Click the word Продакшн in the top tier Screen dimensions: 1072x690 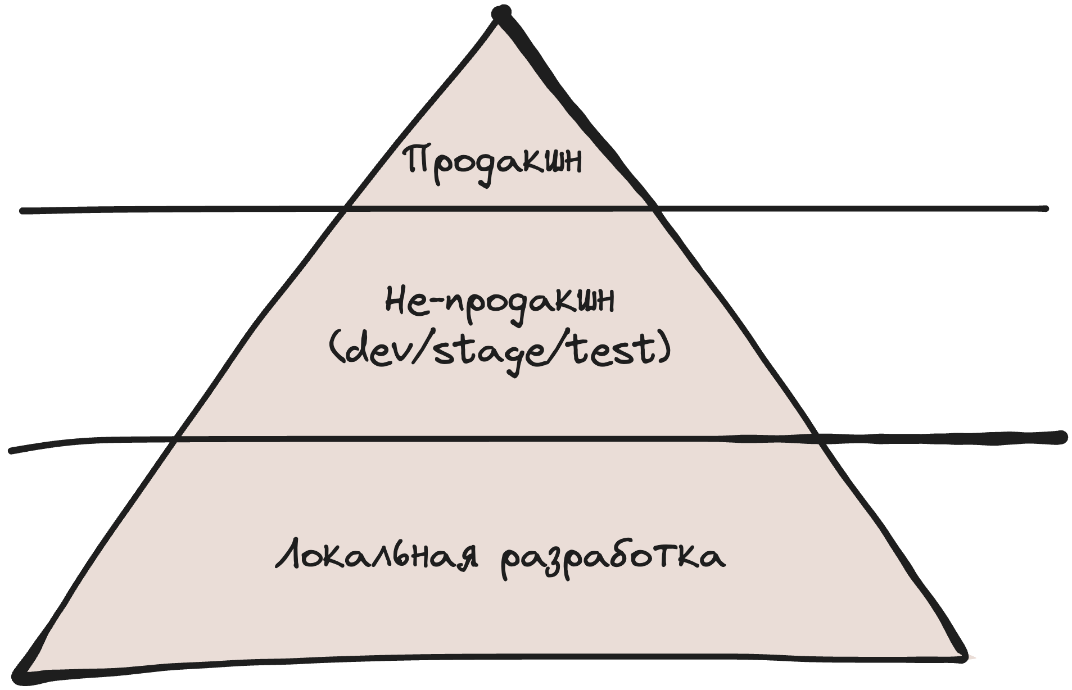pyautogui.click(x=494, y=162)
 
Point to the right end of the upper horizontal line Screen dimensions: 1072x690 pyautogui.click(x=1046, y=208)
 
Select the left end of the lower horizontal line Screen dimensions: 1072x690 pyautogui.click(x=11, y=450)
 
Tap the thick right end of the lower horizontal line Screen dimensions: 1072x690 pyautogui.click(x=1061, y=437)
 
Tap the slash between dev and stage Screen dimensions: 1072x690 pyautogui.click(x=420, y=351)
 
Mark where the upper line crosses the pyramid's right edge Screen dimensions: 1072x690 pyautogui.click(x=655, y=209)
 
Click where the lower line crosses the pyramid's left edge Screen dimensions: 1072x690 pyautogui.click(x=174, y=439)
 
